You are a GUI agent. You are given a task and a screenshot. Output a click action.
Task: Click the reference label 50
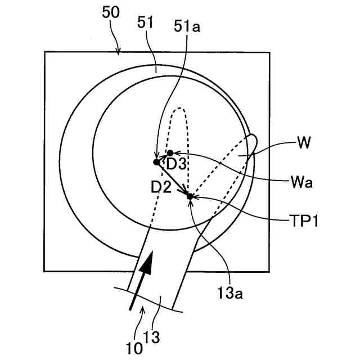coord(110,12)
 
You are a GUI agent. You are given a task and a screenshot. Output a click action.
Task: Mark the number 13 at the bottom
coord(153,337)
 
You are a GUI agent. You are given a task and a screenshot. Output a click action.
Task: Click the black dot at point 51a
coord(157,162)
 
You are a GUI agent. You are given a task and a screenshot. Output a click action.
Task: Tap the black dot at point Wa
coord(170,153)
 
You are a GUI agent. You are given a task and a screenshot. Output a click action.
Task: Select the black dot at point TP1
coord(190,196)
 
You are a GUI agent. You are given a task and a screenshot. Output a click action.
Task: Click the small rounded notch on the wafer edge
coord(251,141)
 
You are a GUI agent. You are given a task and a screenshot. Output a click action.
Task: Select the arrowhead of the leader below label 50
coord(119,54)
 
